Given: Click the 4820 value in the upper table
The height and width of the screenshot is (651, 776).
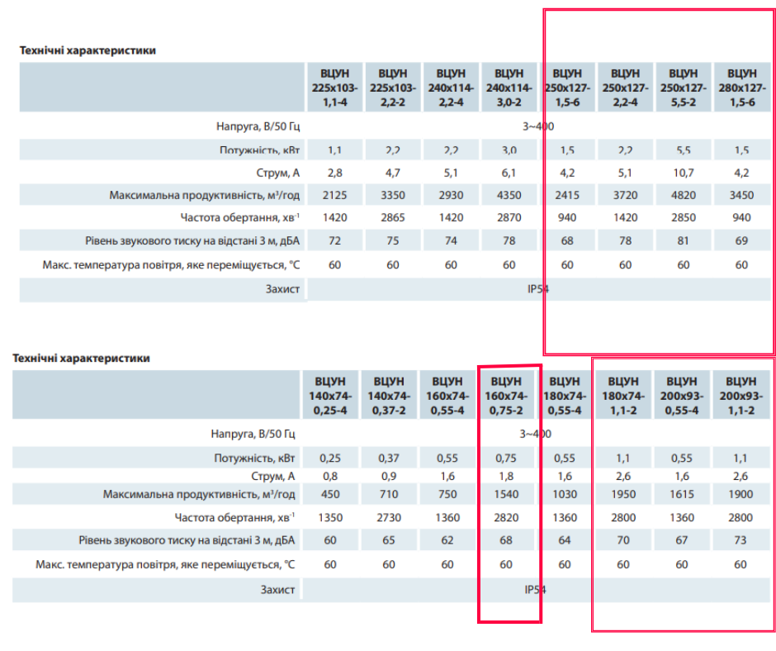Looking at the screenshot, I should coord(684,196).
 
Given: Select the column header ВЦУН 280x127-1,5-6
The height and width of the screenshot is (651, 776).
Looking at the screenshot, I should coord(741,86).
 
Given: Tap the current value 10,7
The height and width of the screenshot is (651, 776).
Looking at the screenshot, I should coord(684,173).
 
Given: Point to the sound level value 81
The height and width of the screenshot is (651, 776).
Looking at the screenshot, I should coord(684,241).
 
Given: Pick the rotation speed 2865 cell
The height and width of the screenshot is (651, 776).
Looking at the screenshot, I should coord(393,218).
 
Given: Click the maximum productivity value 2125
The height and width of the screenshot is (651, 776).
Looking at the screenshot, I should coord(335,196).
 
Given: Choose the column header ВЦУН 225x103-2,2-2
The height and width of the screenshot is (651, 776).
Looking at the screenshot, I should coord(393,86).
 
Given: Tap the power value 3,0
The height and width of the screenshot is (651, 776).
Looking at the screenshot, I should coord(509,150).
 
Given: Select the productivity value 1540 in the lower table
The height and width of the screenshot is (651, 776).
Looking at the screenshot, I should coord(506,494).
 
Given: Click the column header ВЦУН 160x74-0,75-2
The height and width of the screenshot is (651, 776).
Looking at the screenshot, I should coord(506,395).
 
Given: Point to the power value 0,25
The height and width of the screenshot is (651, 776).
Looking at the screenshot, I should coord(330,458).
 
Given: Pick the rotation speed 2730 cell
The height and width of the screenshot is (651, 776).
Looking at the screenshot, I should coord(389,518).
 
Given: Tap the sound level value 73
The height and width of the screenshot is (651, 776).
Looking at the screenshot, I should coord(741,541).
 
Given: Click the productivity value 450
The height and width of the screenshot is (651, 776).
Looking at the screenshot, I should coord(330,494).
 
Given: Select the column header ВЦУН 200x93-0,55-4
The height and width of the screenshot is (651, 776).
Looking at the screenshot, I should coord(682,395).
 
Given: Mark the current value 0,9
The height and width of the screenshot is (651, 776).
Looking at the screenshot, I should coord(389,477).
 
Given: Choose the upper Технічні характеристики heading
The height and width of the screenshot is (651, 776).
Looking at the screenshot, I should coord(88,50).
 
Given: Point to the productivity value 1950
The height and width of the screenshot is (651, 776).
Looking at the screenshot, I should coord(623,494).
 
